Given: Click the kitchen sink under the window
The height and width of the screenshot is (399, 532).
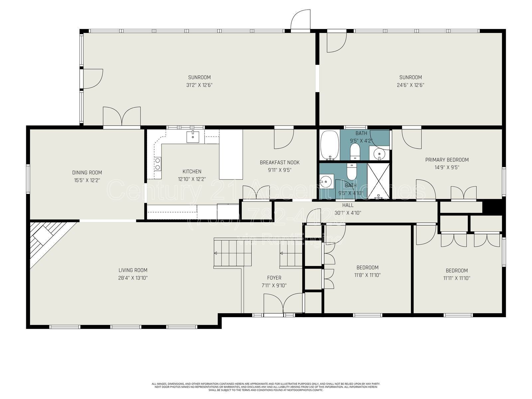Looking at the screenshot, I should click(x=193, y=136).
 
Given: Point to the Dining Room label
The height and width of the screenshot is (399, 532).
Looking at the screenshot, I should click(x=87, y=173).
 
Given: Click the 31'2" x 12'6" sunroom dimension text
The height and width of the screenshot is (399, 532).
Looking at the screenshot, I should click(x=199, y=85).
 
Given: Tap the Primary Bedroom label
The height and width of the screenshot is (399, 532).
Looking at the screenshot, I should click(x=447, y=160).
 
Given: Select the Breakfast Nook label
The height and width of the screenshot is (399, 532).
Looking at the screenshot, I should click(x=280, y=163).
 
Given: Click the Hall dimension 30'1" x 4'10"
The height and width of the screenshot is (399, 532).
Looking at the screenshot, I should click(x=348, y=213).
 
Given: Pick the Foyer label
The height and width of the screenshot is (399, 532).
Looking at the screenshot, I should click(x=274, y=278).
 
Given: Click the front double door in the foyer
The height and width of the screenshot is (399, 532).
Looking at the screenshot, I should click(x=283, y=303).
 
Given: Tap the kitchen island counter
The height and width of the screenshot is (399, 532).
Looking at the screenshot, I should click(x=231, y=154).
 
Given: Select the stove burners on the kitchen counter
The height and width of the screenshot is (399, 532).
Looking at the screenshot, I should click(x=158, y=164).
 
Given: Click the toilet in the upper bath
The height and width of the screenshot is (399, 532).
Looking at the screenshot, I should click(x=355, y=151).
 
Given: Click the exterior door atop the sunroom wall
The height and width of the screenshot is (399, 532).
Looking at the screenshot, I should click(x=301, y=21).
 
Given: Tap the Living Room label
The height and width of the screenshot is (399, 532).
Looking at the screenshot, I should click(x=133, y=270).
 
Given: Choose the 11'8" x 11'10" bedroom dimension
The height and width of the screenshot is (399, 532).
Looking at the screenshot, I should click(x=367, y=275).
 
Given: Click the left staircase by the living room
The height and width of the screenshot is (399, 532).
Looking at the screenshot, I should click(x=233, y=253).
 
